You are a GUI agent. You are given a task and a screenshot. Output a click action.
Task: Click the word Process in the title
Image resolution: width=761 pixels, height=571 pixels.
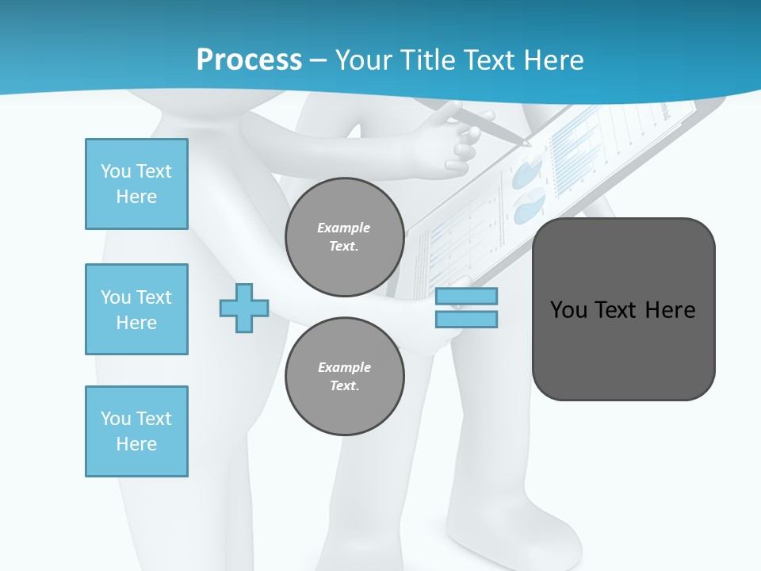point(249,60)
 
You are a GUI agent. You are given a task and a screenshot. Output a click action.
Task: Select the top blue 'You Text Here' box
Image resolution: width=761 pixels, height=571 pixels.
point(136,184)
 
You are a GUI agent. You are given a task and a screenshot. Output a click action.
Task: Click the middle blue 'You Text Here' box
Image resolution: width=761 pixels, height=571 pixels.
point(136,309)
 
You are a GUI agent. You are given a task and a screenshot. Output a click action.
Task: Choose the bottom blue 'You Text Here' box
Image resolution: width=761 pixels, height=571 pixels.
point(136,431)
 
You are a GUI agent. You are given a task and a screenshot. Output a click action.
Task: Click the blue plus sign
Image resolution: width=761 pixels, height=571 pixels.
point(244,308)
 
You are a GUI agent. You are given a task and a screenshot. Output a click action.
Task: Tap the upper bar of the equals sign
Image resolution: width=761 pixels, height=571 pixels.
point(466,297)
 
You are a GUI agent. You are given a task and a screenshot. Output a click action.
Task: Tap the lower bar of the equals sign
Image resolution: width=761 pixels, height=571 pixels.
point(466,319)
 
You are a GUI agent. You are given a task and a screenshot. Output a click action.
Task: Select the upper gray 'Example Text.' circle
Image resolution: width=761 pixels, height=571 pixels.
point(344,236)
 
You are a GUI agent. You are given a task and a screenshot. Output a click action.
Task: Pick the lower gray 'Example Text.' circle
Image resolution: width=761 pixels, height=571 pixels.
point(344,376)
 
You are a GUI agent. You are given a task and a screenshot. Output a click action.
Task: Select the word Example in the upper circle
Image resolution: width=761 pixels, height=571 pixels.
point(343,228)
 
